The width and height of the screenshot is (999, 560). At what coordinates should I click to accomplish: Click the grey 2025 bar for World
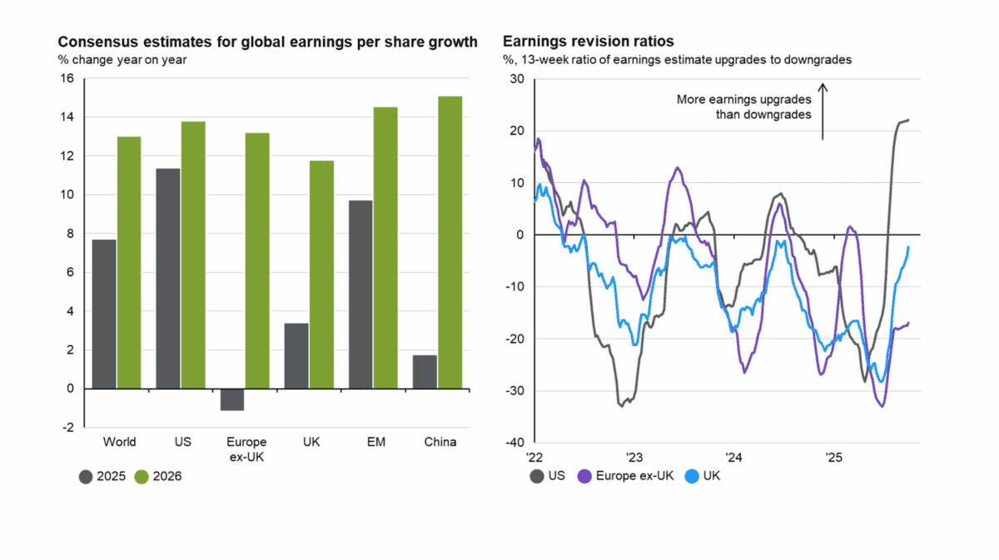click(104, 314)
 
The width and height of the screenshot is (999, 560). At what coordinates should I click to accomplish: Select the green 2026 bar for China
click(450, 242)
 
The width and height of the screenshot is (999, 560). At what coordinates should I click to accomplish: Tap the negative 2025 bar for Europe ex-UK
click(232, 399)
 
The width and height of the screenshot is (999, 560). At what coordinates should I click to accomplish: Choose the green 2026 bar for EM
click(385, 247)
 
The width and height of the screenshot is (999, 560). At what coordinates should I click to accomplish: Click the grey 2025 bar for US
click(168, 278)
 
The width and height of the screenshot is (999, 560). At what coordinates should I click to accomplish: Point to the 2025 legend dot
click(86, 477)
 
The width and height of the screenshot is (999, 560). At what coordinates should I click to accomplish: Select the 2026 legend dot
click(142, 477)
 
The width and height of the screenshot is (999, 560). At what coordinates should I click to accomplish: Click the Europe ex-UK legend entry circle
click(584, 477)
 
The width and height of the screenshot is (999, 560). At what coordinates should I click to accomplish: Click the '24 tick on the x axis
click(733, 457)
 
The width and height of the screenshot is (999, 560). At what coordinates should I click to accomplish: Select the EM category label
click(375, 442)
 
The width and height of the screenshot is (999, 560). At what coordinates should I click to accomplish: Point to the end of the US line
click(908, 120)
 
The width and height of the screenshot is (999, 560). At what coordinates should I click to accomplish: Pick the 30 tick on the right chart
click(518, 79)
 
